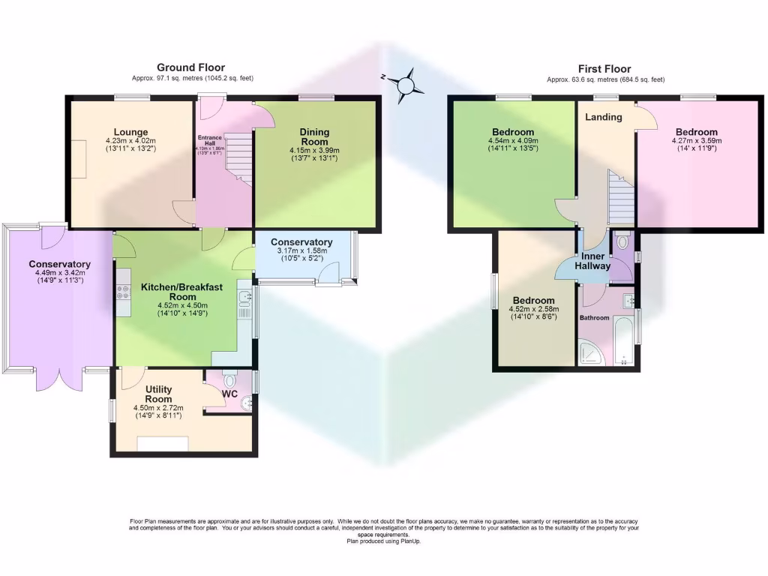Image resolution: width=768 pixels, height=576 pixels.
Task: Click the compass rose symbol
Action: coord(406,84)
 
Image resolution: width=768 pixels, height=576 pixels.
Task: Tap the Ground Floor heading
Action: coord(190,68)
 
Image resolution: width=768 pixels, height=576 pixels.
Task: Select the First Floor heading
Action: coord(604,69)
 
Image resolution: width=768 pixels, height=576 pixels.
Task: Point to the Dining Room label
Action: coord(314,136)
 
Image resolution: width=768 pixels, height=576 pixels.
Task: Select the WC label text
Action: coord(229,393)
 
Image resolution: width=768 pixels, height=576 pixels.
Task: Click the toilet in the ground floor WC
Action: coord(230,377)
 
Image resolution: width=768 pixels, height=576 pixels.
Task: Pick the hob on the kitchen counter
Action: coord(123,290)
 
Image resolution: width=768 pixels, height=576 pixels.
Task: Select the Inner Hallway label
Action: coord(592,261)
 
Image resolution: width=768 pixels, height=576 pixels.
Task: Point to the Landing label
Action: coord(603,117)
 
